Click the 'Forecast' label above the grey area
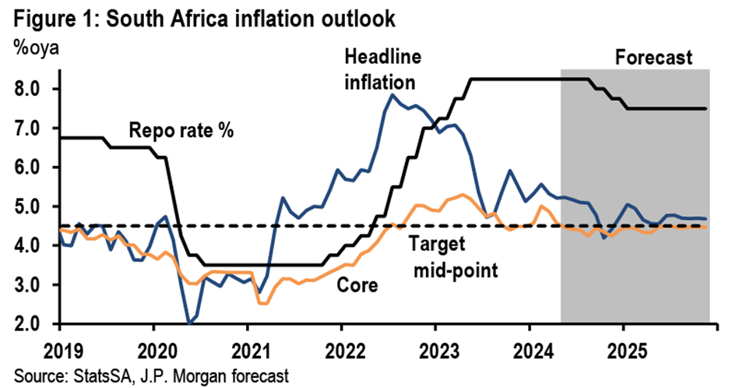tap(654, 57)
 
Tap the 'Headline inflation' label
tap(381, 69)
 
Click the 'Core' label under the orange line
tap(355, 284)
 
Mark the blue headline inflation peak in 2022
tap(394, 95)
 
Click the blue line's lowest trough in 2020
tap(189, 322)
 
